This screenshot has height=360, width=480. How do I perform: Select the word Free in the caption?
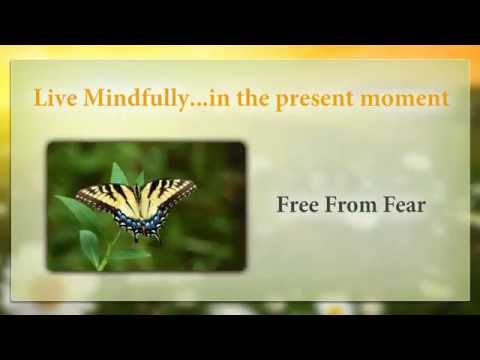pyautogui.click(x=297, y=207)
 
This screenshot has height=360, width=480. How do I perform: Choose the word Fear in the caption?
pyautogui.click(x=406, y=207)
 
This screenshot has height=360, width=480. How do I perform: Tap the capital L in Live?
pyautogui.click(x=40, y=99)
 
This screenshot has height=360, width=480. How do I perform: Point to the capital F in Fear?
pyautogui.click(x=391, y=207)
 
